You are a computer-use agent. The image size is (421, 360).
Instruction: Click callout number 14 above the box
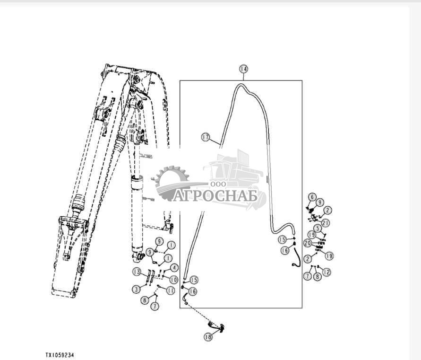(243, 69)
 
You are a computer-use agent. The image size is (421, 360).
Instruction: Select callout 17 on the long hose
(205, 137)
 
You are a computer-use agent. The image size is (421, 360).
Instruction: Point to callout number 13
(136, 272)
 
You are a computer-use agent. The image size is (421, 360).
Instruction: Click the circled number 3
(136, 289)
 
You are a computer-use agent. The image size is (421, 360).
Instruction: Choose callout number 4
(174, 268)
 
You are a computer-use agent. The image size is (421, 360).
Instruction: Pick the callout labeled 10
(173, 280)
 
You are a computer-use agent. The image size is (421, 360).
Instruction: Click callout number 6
(312, 197)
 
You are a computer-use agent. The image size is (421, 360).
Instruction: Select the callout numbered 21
(326, 222)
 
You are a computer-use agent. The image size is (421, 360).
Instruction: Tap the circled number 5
(318, 228)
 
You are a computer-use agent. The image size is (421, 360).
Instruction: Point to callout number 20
(307, 243)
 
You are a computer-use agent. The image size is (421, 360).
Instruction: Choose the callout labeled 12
(326, 272)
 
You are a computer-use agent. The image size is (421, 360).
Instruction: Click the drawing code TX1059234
(60, 354)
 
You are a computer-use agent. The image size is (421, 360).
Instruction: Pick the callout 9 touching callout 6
(320, 202)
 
